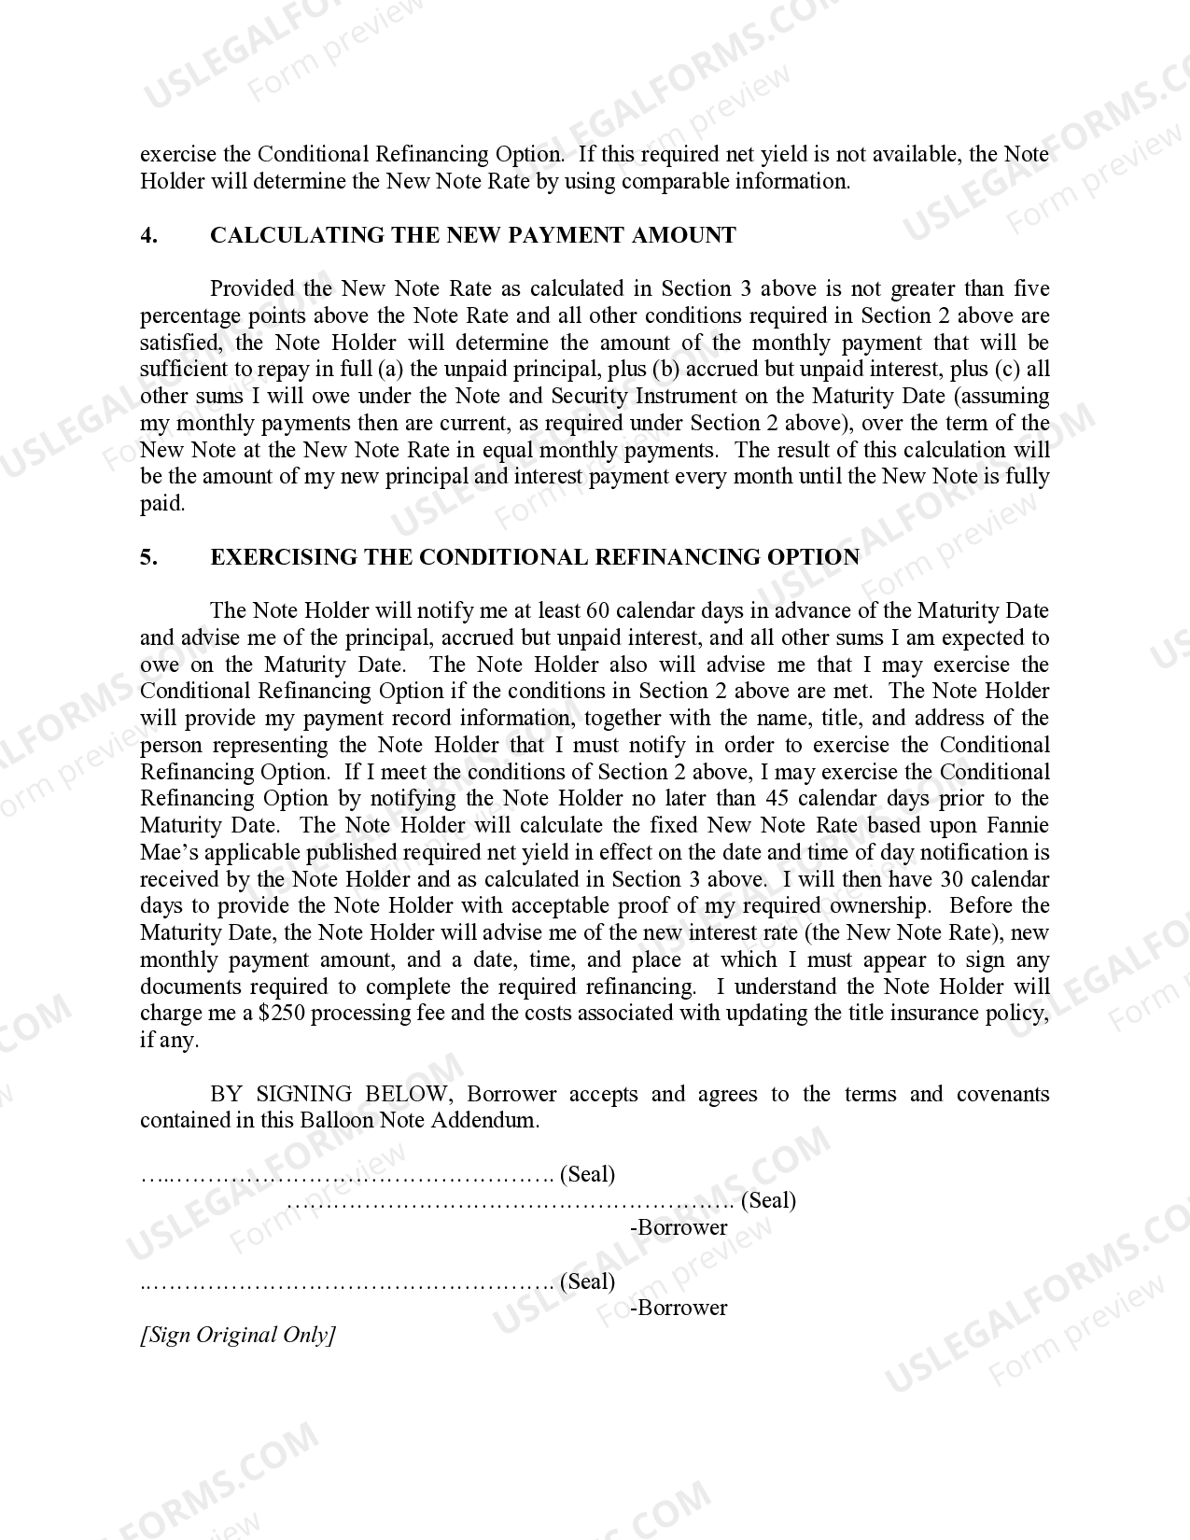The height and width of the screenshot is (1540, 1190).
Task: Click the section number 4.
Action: [x=148, y=235]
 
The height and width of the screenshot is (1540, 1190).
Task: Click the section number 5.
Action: [x=148, y=557]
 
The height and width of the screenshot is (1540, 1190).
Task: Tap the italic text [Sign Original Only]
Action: [x=237, y=1335]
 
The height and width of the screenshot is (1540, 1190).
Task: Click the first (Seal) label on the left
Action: [x=587, y=1174]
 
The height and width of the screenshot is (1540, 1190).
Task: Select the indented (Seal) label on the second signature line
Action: [x=768, y=1200]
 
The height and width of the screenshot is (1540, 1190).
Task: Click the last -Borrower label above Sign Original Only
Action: [x=679, y=1308]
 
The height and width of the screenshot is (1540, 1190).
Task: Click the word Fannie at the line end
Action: [x=1018, y=826]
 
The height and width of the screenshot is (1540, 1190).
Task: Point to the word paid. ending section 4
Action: [x=162, y=504]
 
